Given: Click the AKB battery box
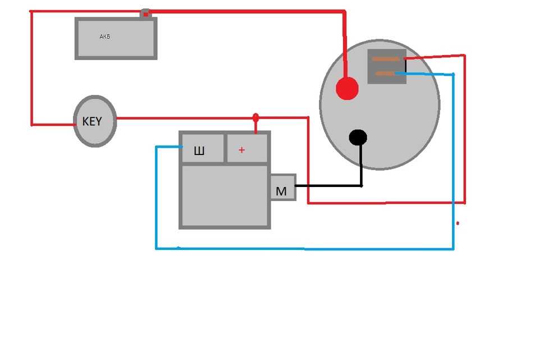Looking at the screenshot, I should (116, 38).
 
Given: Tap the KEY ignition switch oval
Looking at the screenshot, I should (95, 121).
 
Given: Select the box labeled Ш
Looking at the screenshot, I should (202, 148).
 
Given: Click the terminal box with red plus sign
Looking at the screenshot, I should (247, 148).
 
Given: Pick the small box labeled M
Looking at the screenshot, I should (282, 188).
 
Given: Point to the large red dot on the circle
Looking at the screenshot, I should (347, 89).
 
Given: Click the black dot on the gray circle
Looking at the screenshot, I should (358, 137).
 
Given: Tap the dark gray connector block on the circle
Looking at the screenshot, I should (387, 67).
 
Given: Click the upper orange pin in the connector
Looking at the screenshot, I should (386, 59).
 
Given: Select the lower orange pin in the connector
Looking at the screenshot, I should (385, 73).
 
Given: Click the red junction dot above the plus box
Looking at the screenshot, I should (256, 117).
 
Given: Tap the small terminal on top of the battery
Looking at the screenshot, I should (145, 13).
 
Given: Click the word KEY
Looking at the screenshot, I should (92, 121).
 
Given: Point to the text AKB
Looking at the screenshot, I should (104, 37).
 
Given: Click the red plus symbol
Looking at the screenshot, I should (242, 150).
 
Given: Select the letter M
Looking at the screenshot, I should (281, 192).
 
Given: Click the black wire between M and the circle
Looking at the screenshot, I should (328, 185).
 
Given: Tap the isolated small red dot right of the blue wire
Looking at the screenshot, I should (458, 224).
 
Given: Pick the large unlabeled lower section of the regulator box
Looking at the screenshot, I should (225, 195).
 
